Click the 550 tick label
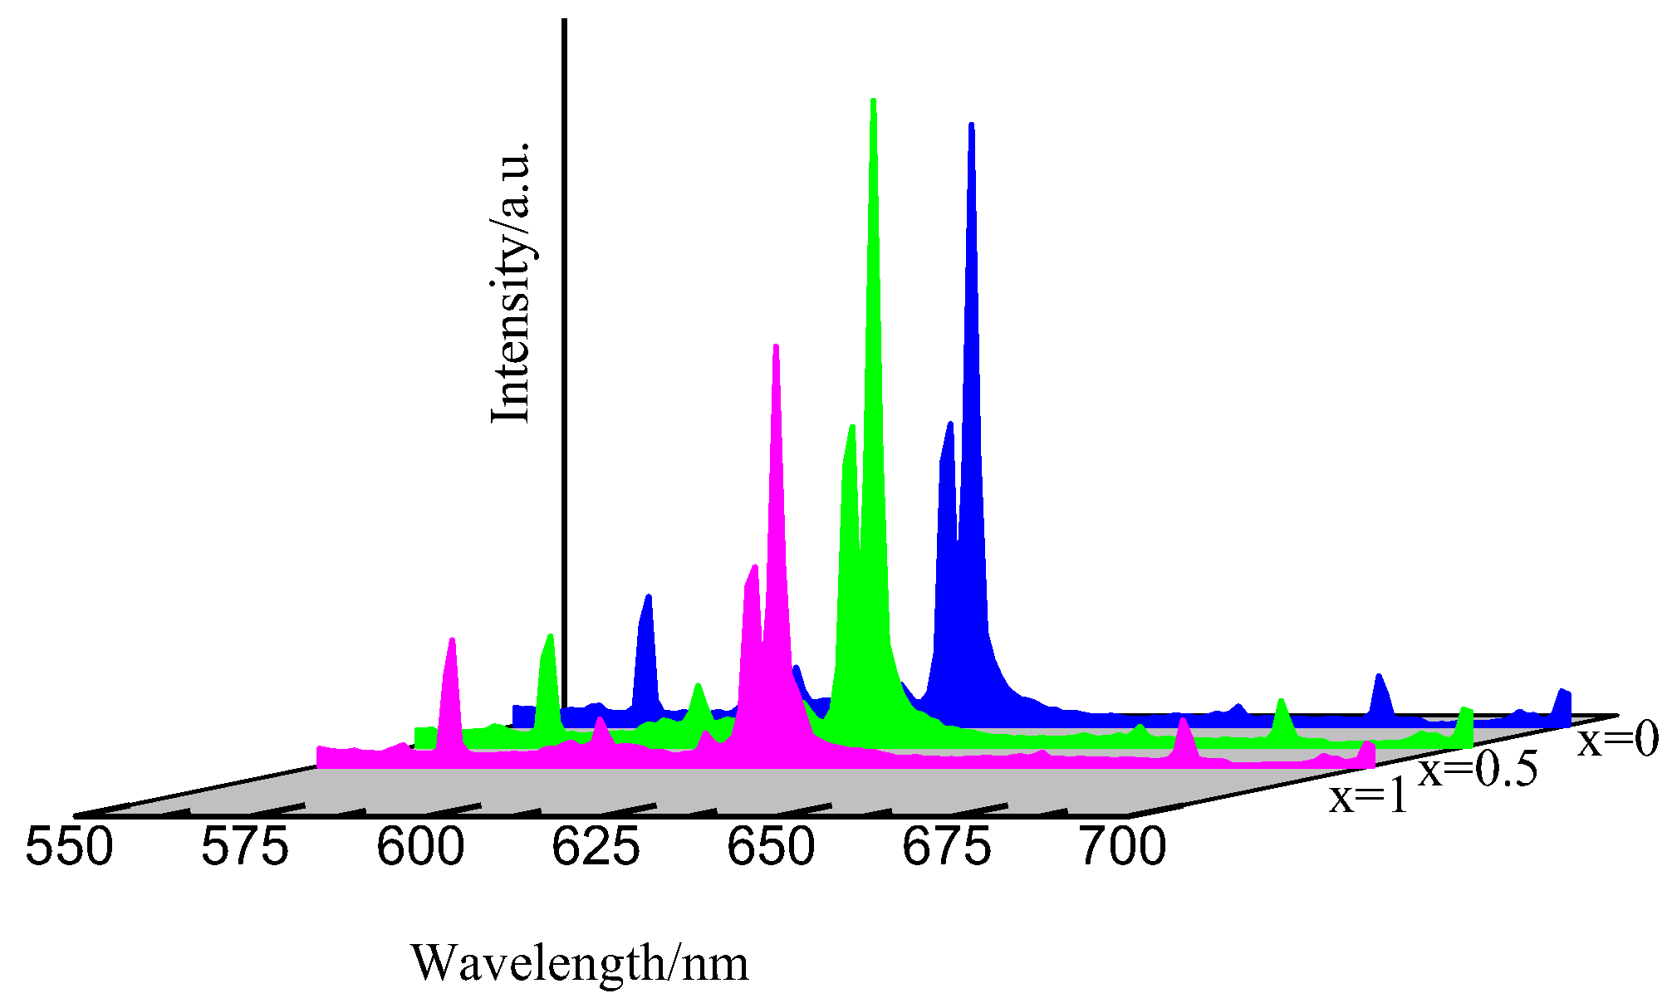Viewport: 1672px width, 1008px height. click(x=69, y=849)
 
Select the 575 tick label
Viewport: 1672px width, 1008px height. click(x=245, y=849)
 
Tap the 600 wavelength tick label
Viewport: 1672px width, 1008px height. click(x=420, y=849)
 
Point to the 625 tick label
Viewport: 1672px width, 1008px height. click(x=596, y=849)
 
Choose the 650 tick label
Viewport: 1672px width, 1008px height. click(x=771, y=849)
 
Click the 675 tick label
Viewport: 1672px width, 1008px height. click(x=947, y=849)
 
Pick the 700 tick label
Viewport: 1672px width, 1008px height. click(x=1123, y=849)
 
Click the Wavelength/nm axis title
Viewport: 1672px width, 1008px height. click(x=580, y=963)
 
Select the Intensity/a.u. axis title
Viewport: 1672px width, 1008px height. click(x=510, y=282)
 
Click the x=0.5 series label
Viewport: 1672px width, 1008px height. click(x=1478, y=770)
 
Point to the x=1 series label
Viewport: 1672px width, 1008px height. click(x=1369, y=797)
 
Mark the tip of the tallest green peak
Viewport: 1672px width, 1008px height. click(x=873, y=101)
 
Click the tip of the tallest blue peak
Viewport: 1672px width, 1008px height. click(x=971, y=125)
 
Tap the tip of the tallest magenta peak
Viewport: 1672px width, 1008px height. click(x=776, y=346)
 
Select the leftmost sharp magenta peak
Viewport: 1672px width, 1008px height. click(x=452, y=640)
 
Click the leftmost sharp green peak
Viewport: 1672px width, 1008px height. click(x=549, y=637)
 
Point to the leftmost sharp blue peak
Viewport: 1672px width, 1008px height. click(x=649, y=597)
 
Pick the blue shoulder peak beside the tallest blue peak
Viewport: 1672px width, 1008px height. click(x=949, y=424)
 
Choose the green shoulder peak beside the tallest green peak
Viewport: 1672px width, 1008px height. click(x=852, y=428)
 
